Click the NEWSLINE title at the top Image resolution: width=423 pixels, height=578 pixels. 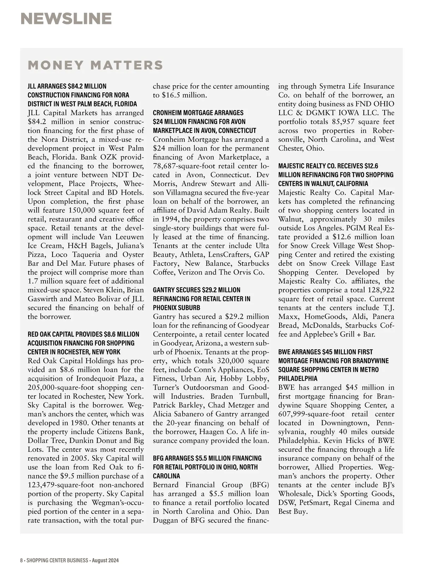coord(66,19)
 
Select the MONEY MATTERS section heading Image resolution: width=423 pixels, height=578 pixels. coord(95,65)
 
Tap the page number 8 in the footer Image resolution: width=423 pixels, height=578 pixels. coord(22,560)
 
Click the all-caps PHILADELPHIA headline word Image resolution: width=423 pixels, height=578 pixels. coord(298,379)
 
